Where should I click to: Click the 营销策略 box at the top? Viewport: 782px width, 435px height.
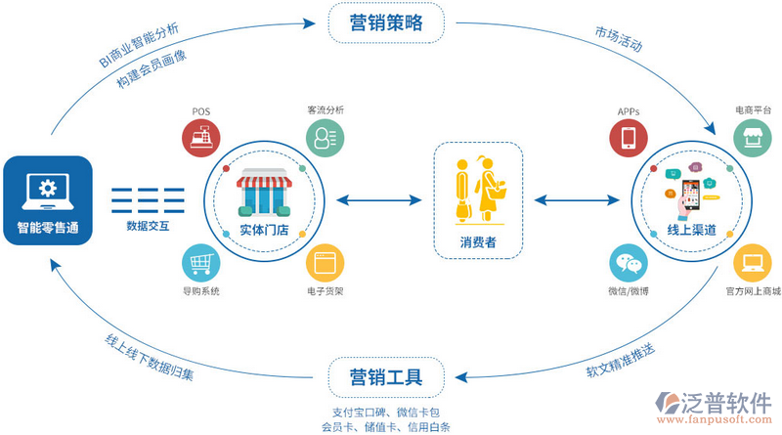coord(385,22)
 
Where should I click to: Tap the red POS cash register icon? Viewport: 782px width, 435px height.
coord(200,138)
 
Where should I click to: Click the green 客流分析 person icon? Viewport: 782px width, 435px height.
coord(324,138)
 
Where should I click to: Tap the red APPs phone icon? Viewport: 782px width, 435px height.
coord(629,138)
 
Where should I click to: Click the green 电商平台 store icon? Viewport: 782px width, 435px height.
coord(753,138)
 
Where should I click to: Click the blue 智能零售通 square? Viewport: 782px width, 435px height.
coord(47,199)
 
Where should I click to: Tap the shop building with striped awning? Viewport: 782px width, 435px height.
coord(263,193)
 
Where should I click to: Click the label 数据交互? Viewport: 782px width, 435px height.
coord(148,226)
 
